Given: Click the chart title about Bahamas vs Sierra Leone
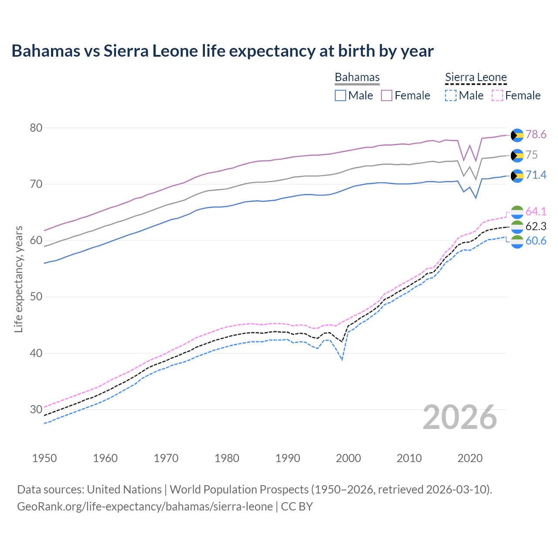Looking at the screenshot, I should coord(222,51).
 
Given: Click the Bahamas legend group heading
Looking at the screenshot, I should coord(357,77).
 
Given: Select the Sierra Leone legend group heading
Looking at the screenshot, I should coord(476,77).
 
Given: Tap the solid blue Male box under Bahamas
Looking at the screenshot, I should coord(340,95).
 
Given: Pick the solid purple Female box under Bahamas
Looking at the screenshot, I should coord(387,95).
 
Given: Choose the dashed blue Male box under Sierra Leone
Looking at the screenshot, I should coord(451,95).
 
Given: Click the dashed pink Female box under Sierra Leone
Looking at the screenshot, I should coord(497,95).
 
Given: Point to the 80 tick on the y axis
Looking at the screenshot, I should coord(36,128).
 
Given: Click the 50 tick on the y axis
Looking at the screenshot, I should coord(36,297).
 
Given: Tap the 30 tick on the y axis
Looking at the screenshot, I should coord(36,409).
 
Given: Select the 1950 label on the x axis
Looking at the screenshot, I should coord(44,458).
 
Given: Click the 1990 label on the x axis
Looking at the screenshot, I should coord(288,458).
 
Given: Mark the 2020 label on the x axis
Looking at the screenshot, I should coord(470,458).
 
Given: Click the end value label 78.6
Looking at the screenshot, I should coord(536,134).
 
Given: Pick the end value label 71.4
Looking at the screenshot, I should coord(536,175).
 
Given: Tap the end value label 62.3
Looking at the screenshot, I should coord(536,226).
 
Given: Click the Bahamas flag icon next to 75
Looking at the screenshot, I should coord(517,155).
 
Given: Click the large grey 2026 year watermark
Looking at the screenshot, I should coord(459,417).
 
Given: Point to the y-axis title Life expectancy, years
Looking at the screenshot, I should coord(18,279).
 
